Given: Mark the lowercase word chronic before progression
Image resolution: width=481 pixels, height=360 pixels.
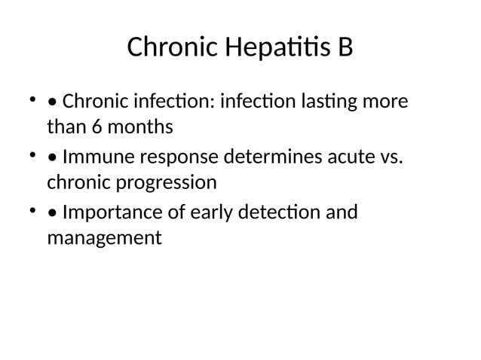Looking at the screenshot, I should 79,183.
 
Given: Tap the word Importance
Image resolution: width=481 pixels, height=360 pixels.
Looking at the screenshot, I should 113,213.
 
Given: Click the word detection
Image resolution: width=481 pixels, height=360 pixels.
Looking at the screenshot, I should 280,213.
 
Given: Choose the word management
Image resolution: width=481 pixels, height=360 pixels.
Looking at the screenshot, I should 104,239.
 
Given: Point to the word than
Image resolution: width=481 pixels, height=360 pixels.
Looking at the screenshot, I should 66,127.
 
